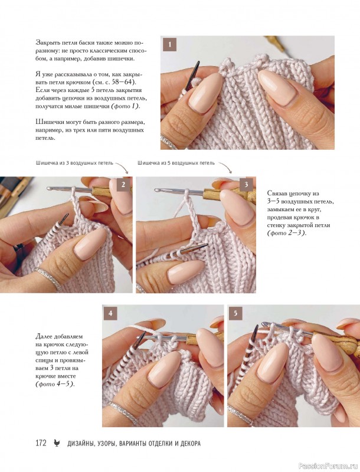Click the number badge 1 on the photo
(169, 45)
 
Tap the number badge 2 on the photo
(123, 185)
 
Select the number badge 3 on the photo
(246, 185)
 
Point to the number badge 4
(110, 313)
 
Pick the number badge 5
(235, 313)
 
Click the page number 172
(41, 443)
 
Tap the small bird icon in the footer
(57, 443)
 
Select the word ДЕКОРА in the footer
(190, 444)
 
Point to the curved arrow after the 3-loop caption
(122, 168)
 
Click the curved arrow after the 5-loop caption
(225, 168)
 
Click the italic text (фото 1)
(126, 106)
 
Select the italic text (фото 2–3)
(286, 233)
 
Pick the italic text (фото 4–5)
(55, 384)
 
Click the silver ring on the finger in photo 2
(48, 278)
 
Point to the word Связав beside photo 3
(277, 194)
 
